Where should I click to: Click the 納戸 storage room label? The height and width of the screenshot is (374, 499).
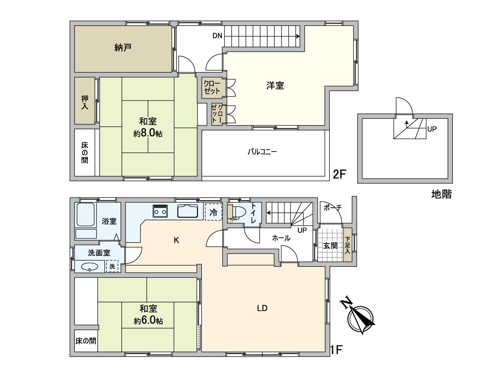click(123, 48)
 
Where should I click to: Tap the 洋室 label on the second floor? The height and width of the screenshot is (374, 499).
click(275, 86)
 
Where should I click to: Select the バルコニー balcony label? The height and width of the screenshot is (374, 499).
click(262, 151)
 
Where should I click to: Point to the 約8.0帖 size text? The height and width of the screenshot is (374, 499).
click(148, 133)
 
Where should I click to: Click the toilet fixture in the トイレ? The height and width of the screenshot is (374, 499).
click(237, 213)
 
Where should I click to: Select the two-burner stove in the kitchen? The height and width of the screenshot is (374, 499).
click(160, 211)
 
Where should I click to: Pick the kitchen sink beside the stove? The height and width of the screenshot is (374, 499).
click(188, 211)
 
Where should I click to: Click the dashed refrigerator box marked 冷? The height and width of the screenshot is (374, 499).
click(213, 212)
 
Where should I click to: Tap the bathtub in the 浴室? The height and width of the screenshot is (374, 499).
click(86, 214)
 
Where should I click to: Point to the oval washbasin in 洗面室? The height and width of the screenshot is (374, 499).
click(89, 267)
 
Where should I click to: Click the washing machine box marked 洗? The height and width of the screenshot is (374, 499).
click(112, 266)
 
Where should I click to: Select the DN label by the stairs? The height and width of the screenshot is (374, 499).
click(217, 36)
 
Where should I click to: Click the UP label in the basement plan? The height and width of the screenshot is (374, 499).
click(432, 129)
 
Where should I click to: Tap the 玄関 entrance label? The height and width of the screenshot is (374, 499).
click(330, 246)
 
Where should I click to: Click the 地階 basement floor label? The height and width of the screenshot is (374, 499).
click(442, 194)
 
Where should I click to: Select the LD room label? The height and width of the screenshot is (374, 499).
click(262, 308)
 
